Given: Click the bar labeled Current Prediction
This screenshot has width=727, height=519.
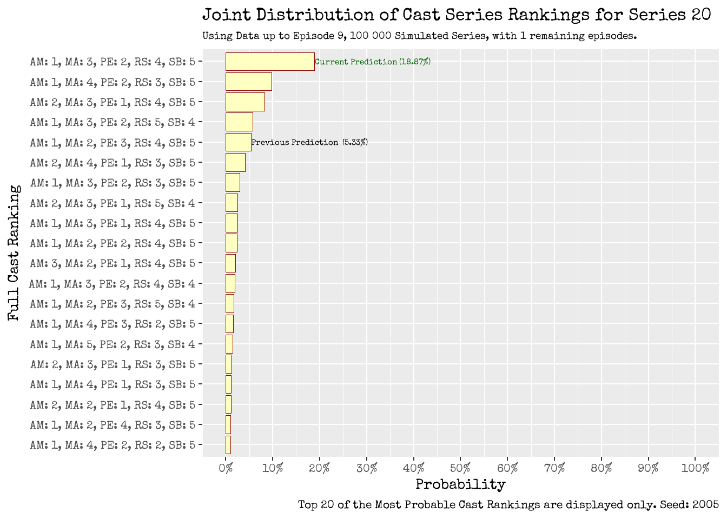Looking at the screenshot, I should pyautogui.click(x=270, y=62).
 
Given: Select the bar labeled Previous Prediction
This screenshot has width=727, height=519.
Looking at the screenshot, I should pyautogui.click(x=239, y=142).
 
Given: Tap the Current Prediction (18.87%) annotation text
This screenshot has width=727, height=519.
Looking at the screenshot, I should pyautogui.click(x=373, y=62).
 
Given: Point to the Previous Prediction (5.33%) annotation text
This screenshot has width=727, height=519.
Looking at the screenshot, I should pyautogui.click(x=310, y=142).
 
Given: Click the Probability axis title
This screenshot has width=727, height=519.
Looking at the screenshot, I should pyautogui.click(x=460, y=484).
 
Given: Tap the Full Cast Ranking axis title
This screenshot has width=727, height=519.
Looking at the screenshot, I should pyautogui.click(x=15, y=253).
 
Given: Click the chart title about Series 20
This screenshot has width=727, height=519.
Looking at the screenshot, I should pyautogui.click(x=457, y=15).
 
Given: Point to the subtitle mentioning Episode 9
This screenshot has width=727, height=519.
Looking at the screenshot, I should pyautogui.click(x=419, y=36).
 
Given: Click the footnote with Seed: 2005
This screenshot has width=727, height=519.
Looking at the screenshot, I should pyautogui.click(x=508, y=505).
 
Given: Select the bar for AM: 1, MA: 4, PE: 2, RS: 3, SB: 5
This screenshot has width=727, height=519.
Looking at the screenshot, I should pyautogui.click(x=249, y=82).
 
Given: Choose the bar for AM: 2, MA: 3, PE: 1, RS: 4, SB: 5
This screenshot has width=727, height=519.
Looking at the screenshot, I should pyautogui.click(x=245, y=102).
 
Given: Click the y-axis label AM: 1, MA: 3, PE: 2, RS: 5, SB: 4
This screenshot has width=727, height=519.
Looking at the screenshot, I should pyautogui.click(x=113, y=122).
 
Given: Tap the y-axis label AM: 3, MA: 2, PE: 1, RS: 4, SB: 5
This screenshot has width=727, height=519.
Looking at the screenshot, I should pyautogui.click(x=113, y=263).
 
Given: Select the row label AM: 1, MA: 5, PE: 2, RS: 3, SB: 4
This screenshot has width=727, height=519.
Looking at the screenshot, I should pyautogui.click(x=113, y=344).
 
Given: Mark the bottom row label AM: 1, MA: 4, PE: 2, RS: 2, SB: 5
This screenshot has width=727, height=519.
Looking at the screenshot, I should pyautogui.click(x=113, y=445).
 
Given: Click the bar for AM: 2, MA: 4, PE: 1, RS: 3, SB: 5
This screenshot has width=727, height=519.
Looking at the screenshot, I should pyautogui.click(x=235, y=163).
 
